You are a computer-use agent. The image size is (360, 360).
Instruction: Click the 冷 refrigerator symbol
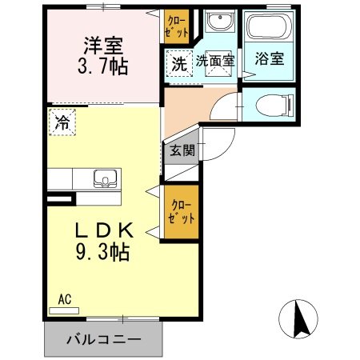[x=61, y=122]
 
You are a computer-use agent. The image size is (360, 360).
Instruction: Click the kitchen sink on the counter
[x=102, y=178]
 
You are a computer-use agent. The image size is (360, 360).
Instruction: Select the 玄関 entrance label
[x=181, y=150]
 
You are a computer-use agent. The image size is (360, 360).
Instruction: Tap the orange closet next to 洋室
[x=176, y=26]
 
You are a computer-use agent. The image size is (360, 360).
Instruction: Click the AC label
[x=65, y=300]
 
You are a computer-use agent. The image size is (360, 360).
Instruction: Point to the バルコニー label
[x=103, y=339]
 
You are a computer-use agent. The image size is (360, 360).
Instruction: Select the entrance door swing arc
[x=218, y=144]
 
